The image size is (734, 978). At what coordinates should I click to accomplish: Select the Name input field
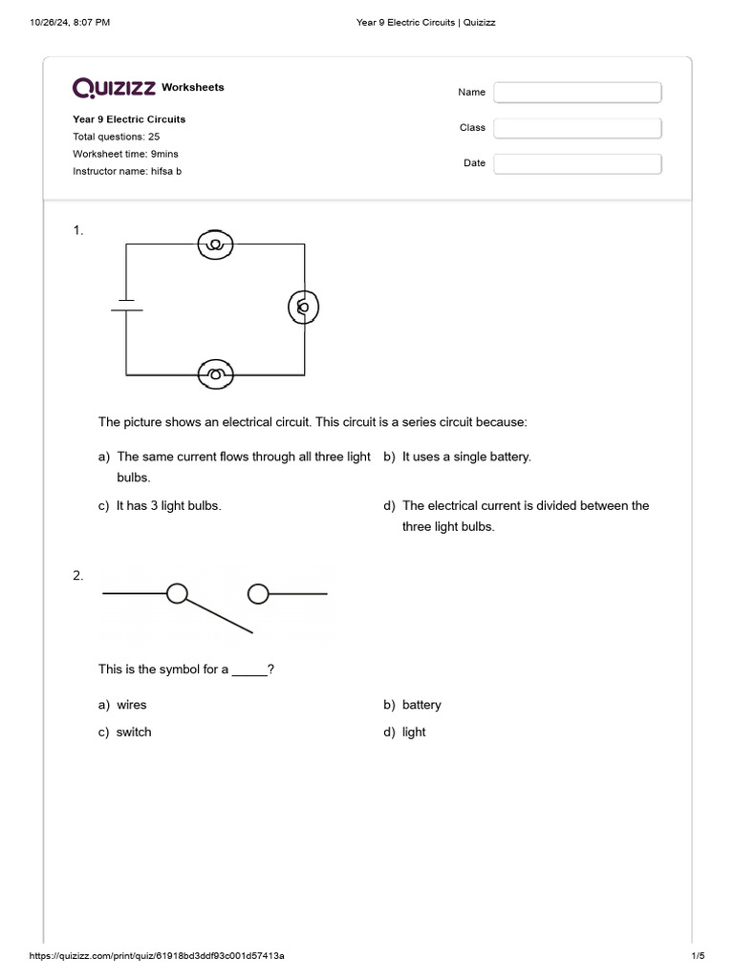click(x=577, y=93)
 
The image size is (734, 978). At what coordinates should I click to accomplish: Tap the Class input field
click(x=577, y=128)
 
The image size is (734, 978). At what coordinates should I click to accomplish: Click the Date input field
click(x=577, y=163)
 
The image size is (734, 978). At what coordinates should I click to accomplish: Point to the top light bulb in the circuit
click(x=216, y=245)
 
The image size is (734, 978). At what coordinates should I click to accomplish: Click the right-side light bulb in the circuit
click(x=304, y=308)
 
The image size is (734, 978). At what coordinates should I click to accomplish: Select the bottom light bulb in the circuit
click(x=216, y=373)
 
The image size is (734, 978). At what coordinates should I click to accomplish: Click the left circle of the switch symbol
click(x=177, y=594)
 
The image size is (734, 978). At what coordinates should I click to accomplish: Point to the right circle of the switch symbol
click(x=258, y=595)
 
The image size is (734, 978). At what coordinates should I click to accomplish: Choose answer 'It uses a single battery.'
click(x=465, y=457)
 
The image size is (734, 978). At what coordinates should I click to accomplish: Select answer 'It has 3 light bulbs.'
click(x=168, y=505)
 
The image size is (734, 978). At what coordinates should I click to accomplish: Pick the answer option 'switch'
click(x=134, y=732)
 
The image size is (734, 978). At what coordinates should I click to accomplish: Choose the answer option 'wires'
click(x=132, y=705)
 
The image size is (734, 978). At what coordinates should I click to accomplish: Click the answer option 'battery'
click(x=421, y=705)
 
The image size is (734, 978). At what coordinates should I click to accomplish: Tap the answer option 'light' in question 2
click(x=414, y=732)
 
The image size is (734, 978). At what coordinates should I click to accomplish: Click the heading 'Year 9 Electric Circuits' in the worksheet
click(x=129, y=119)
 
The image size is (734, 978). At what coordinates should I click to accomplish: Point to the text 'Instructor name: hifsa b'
click(x=127, y=171)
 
